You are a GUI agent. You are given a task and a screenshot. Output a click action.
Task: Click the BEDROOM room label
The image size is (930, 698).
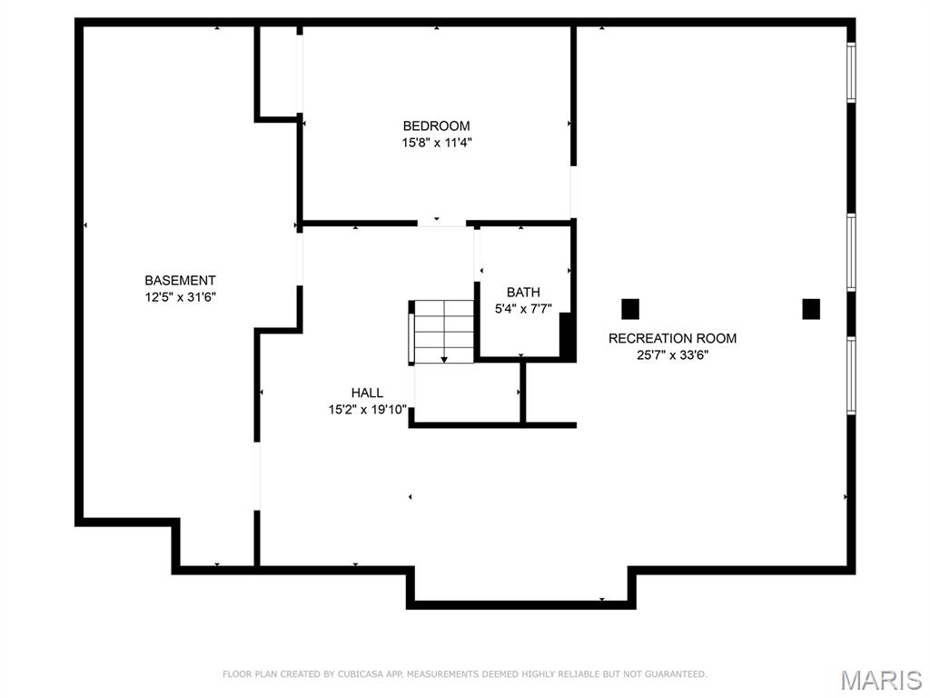click(x=436, y=126)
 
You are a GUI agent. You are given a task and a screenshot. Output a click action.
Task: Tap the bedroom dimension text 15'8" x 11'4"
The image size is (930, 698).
click(x=436, y=143)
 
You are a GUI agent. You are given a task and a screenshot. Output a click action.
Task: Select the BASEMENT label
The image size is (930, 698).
click(x=180, y=281)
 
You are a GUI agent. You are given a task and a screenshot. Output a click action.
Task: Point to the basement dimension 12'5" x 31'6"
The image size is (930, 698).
click(x=180, y=297)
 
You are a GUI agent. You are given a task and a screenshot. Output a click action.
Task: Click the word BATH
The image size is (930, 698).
click(x=523, y=292)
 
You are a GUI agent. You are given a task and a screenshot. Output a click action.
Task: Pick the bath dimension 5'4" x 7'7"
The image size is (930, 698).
click(x=523, y=308)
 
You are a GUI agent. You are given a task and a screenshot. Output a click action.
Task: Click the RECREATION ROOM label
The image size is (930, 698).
click(x=672, y=339)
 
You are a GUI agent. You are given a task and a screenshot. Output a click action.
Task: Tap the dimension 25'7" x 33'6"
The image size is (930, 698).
click(x=672, y=355)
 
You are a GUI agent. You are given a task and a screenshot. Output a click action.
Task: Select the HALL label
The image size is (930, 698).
click(x=367, y=393)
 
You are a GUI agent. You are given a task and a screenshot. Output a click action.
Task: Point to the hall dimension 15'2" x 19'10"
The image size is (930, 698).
click(x=367, y=410)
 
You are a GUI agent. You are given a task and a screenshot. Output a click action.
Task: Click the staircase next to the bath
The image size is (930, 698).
click(x=444, y=332)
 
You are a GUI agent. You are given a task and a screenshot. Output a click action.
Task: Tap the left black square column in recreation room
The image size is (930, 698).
click(x=630, y=309)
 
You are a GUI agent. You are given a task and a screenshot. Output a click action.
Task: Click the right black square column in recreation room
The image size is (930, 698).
click(x=811, y=309)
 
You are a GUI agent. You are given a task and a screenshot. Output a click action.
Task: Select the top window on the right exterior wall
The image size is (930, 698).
click(x=851, y=73)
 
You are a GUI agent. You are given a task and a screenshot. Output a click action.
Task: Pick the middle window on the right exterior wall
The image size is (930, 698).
click(x=851, y=252)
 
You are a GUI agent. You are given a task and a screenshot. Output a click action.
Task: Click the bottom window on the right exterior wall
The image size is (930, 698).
click(x=851, y=375)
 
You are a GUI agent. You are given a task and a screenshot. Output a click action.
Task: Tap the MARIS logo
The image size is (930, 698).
click(x=880, y=680)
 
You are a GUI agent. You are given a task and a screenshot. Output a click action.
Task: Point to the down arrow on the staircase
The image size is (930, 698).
click(x=444, y=360)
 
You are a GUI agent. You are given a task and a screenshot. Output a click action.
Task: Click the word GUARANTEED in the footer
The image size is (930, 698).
click(x=675, y=674)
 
